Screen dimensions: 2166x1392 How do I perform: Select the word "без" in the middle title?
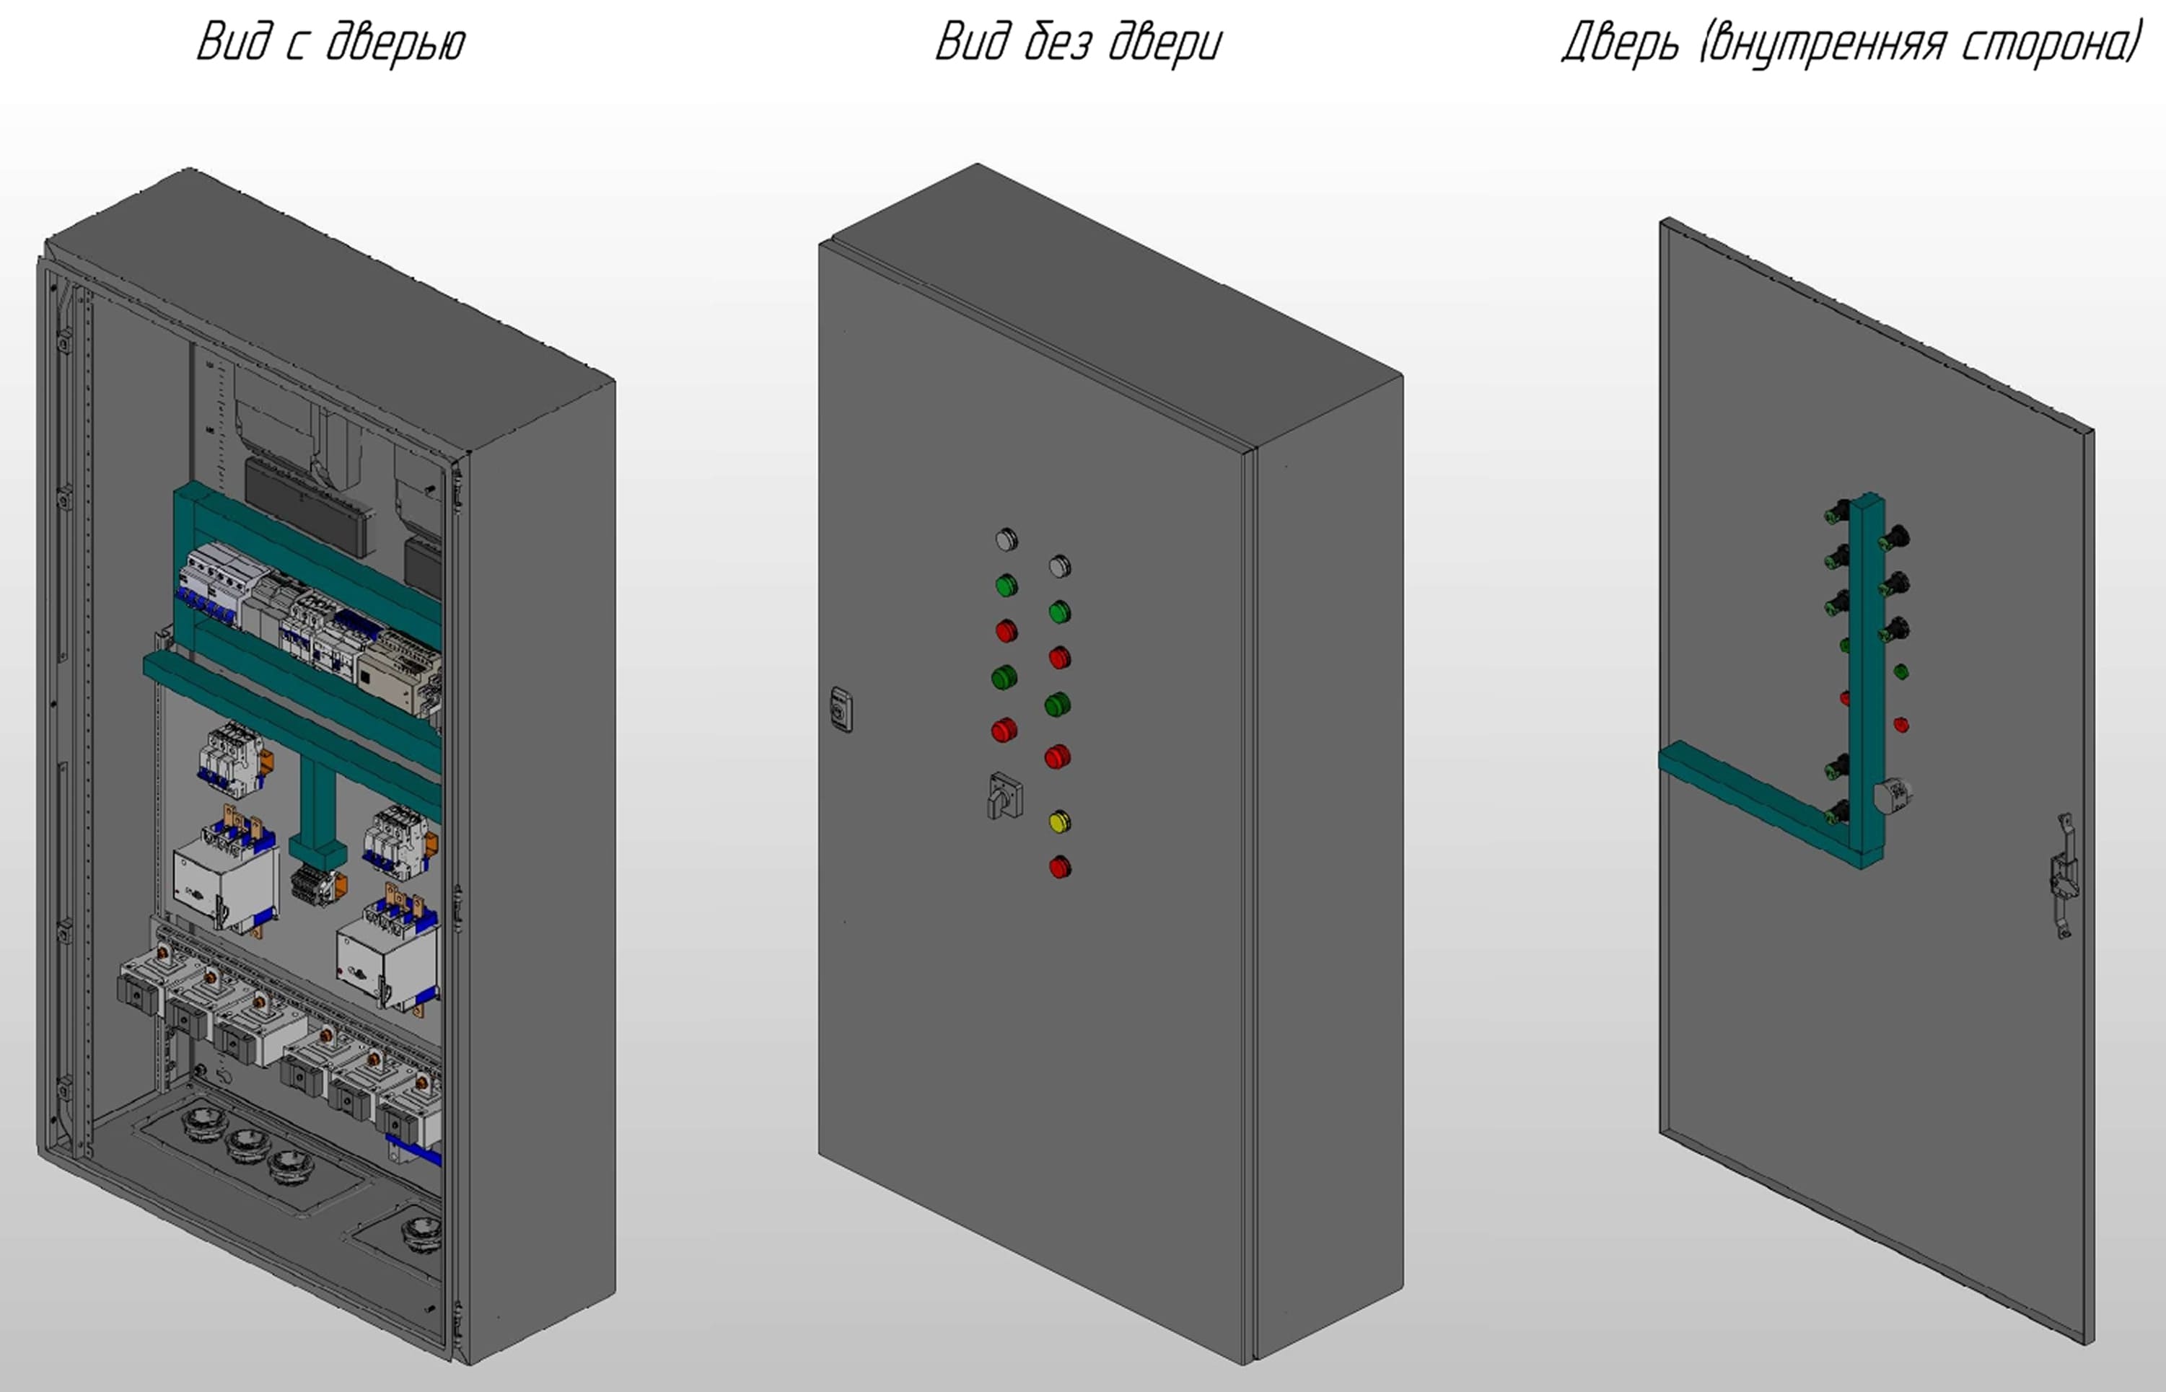click(x=1058, y=43)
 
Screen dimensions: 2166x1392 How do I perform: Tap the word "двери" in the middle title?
click(x=1165, y=43)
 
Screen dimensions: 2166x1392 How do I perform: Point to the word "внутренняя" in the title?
click(x=1823, y=43)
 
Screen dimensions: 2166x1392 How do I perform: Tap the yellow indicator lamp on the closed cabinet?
click(x=1059, y=821)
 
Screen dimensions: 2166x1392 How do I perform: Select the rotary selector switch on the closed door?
click(x=1004, y=796)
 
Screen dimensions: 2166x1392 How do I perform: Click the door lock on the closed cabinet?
click(x=841, y=710)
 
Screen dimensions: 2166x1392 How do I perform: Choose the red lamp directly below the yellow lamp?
click(x=1059, y=868)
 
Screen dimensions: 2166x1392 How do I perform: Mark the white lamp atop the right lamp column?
click(x=1059, y=567)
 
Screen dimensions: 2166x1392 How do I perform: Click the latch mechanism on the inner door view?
click(x=2063, y=875)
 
